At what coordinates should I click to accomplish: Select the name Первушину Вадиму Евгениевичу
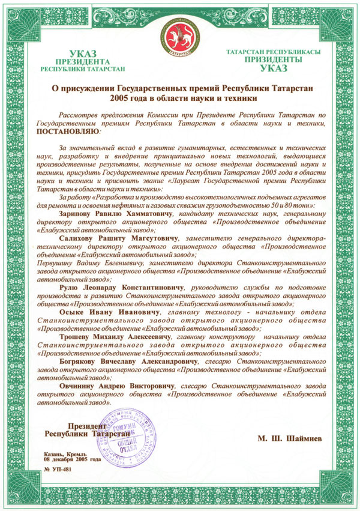(x=90, y=263)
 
